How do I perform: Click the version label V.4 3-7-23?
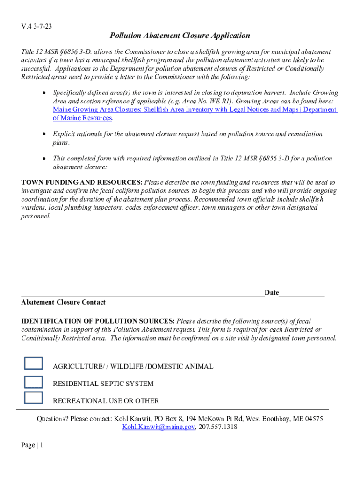[x=36, y=27]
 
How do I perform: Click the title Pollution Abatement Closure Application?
[x=180, y=36]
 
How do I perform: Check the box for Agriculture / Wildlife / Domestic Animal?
[x=33, y=363]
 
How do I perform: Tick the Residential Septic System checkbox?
[x=33, y=381]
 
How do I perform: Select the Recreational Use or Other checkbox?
[x=33, y=398]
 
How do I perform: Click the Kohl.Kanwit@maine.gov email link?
[x=158, y=427]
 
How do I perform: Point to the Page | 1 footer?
[x=32, y=445]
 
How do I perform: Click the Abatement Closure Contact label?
[x=63, y=302]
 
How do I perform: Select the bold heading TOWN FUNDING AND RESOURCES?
[x=82, y=182]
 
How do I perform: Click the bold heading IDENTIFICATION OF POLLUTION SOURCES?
[x=98, y=321]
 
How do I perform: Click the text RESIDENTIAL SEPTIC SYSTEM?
[x=103, y=384]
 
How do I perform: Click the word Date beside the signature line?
[x=272, y=293]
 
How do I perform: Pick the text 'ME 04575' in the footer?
[x=308, y=419]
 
